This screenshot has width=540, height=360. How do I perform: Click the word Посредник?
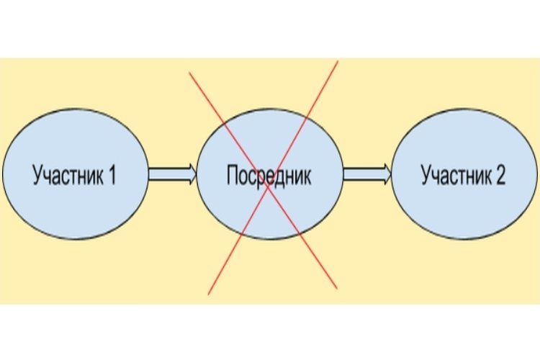269,176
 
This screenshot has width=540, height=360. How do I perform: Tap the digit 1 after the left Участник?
112,176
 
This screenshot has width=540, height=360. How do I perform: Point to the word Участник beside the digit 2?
456,176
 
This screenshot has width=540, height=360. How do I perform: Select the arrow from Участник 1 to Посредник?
172,174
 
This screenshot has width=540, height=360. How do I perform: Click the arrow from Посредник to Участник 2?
366,174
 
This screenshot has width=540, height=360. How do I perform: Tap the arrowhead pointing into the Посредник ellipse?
192,174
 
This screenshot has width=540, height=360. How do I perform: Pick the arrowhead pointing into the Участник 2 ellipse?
387,174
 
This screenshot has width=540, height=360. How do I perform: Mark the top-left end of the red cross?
189,71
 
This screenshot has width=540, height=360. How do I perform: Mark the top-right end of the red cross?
338,61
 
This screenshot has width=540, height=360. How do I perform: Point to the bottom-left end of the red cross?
208,294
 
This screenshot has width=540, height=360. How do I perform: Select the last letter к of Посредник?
307,176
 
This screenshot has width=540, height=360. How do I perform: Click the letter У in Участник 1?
37,176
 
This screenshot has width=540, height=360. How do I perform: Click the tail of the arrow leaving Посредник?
346,174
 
